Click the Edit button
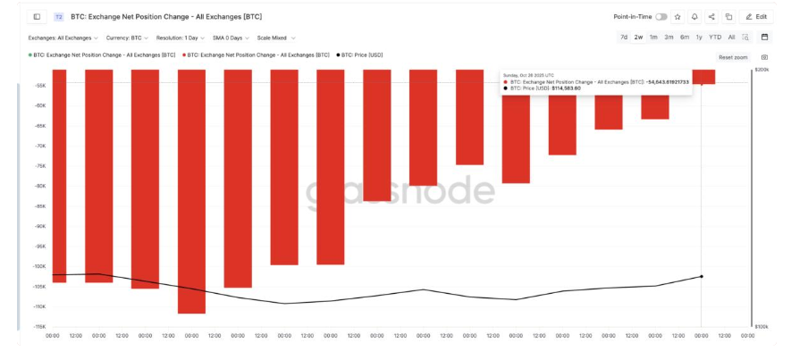click(x=756, y=16)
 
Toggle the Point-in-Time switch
click(x=661, y=16)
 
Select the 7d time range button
click(x=624, y=37)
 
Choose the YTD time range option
click(x=715, y=37)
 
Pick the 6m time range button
click(x=684, y=37)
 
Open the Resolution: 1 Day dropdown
click(x=181, y=38)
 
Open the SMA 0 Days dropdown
click(x=231, y=38)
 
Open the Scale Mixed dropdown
click(x=275, y=38)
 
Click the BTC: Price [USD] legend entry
click(x=360, y=54)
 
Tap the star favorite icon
click(x=677, y=16)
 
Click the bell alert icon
click(x=694, y=16)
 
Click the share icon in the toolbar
click(x=711, y=16)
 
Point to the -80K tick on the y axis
click(x=40, y=186)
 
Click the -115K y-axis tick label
click(x=40, y=327)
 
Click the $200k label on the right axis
click(x=762, y=69)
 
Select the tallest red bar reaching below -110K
click(x=191, y=191)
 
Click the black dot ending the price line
click(x=701, y=276)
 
